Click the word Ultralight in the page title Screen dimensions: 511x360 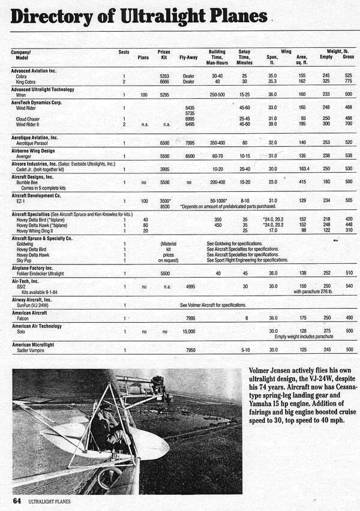[x=174, y=16]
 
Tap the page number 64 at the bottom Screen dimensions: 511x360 [x=17, y=500]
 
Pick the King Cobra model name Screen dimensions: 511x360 [x=30, y=82]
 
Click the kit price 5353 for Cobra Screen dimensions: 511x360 [x=165, y=76]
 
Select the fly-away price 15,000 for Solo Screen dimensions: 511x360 [x=189, y=330]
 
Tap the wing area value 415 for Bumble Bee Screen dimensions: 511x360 [x=302, y=181]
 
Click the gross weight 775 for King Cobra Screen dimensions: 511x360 [x=347, y=82]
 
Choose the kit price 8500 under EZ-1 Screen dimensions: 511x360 [x=165, y=206]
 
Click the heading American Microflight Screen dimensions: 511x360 [x=38, y=344]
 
